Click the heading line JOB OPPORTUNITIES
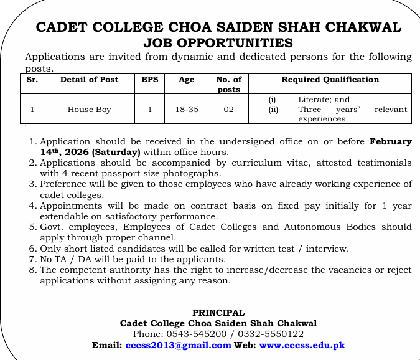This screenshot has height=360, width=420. tap(218, 43)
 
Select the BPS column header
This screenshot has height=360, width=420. tap(149, 80)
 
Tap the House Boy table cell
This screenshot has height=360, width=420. tap(89, 110)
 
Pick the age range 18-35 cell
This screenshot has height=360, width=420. tap(187, 110)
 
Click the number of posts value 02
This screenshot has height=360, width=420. tap(228, 110)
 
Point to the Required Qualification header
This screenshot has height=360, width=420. tap(330, 80)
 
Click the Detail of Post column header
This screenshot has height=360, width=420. tap(89, 80)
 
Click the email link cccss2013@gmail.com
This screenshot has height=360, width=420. tap(178, 345)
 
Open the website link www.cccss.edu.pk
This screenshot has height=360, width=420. tap(302, 345)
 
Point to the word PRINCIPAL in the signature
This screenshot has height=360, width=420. tap(218, 313)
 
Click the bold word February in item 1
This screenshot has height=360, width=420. tap(390, 142)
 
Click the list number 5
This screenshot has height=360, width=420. tap(34, 227)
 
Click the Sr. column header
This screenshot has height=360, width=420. tap(32, 80)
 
